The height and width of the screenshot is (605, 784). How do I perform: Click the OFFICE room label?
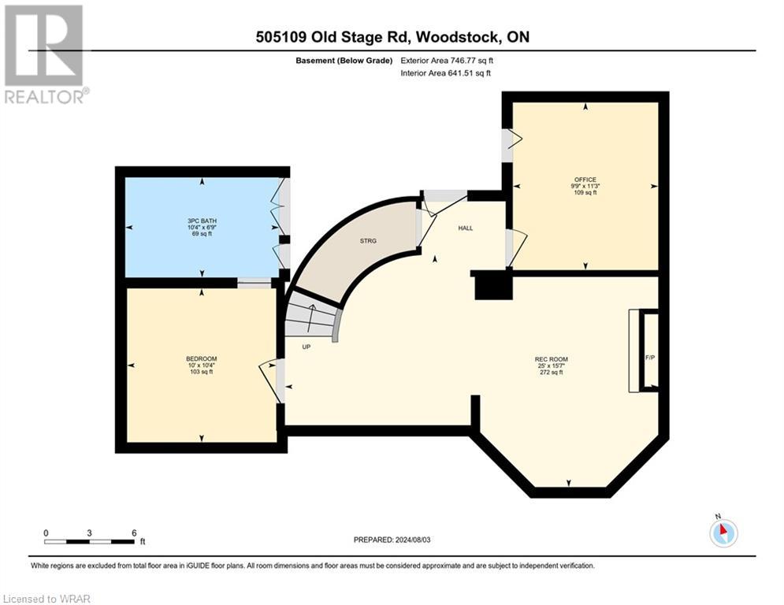[x=585, y=179]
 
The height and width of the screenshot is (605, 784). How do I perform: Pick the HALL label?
[x=466, y=228]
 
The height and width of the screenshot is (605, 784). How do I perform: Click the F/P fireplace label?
[x=650, y=358]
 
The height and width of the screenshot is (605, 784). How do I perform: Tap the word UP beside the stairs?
[x=305, y=347]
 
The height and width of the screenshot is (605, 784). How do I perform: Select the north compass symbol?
[x=722, y=532]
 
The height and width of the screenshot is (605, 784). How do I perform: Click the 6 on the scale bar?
[x=134, y=533]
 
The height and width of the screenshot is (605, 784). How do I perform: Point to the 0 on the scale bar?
[x=46, y=533]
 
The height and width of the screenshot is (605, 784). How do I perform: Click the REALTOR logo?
[x=44, y=54]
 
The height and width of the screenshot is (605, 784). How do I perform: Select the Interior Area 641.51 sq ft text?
[x=445, y=73]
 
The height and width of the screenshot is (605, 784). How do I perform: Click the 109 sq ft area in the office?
[x=585, y=192]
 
